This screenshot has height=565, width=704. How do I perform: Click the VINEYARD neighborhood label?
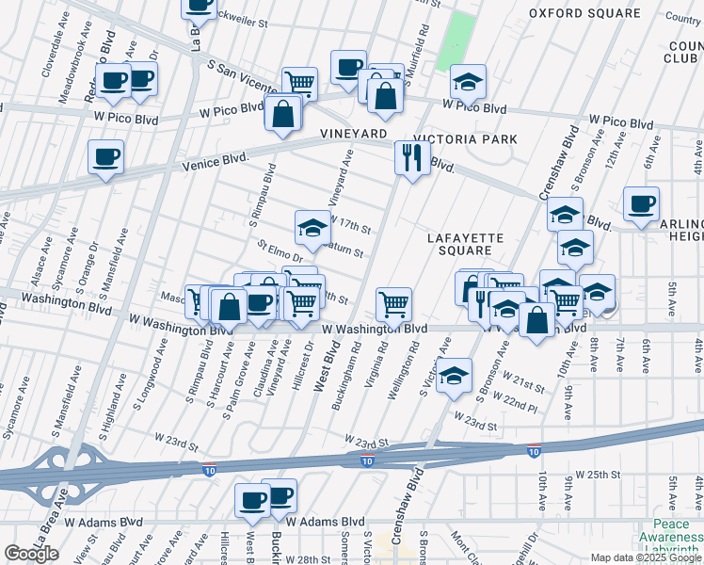(354, 135)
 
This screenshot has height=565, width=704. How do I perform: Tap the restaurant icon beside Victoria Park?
(411, 157)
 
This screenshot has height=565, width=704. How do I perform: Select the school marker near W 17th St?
(312, 226)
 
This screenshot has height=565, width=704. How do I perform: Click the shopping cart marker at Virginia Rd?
(393, 303)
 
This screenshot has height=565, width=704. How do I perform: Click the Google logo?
(31, 554)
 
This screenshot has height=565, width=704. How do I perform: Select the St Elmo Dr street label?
(280, 250)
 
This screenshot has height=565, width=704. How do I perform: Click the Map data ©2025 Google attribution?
(646, 557)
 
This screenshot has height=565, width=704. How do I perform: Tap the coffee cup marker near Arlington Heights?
(641, 203)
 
